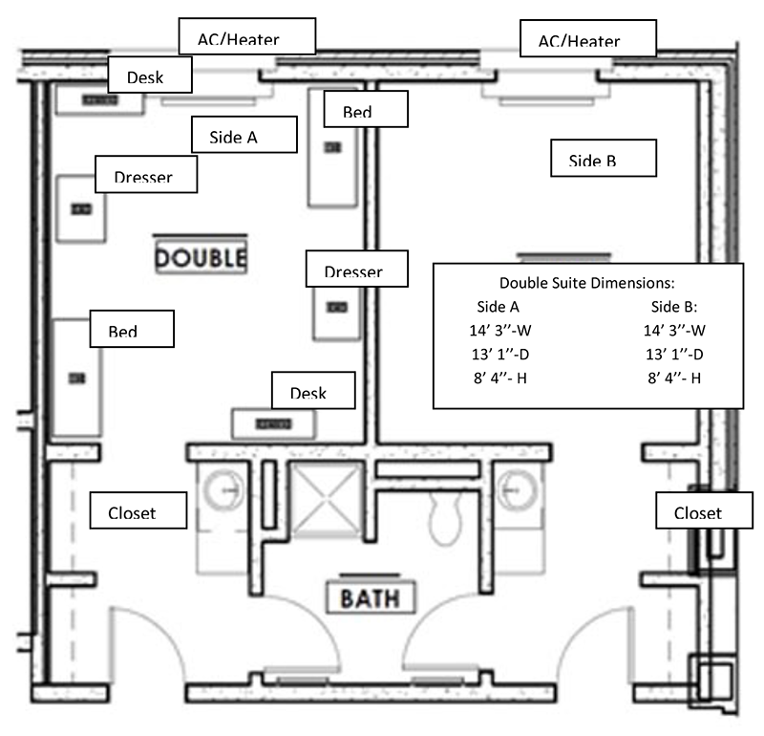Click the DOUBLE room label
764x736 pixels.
tap(201, 257)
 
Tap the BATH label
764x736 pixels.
tap(364, 599)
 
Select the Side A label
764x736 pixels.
tap(233, 137)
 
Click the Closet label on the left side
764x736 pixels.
tap(137, 512)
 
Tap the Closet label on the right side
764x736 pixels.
tap(698, 512)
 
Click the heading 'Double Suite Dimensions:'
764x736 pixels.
tap(587, 283)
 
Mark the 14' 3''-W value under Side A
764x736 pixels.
tap(497, 331)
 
